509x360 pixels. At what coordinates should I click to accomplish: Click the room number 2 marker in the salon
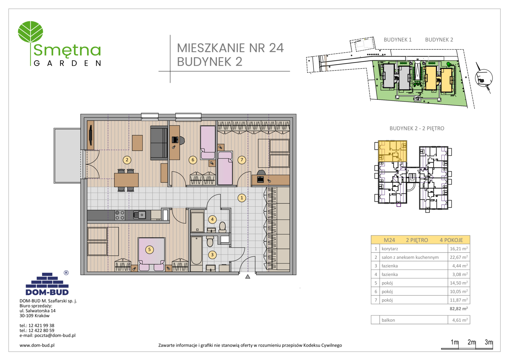(127, 160)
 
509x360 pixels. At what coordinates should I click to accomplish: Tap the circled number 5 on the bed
(149, 249)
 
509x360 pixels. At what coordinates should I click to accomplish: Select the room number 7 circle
(242, 160)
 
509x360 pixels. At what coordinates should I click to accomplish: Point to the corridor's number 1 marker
(242, 198)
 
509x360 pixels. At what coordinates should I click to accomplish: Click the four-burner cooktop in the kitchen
(120, 215)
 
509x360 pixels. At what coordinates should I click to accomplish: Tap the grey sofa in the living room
(159, 143)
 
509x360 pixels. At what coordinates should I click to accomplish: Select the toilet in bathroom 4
(223, 227)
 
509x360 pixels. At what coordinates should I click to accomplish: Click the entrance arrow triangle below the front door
(248, 277)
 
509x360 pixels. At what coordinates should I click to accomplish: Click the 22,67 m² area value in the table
(459, 257)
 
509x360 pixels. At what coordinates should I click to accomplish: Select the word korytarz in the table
(390, 249)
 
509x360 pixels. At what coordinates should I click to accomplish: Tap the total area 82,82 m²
(459, 309)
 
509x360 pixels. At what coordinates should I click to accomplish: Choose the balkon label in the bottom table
(388, 320)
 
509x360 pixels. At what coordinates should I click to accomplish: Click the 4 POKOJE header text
(451, 240)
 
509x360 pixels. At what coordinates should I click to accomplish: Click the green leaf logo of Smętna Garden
(30, 32)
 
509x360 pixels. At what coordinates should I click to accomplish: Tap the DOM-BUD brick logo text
(47, 292)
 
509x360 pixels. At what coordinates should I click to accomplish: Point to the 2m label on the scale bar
(471, 342)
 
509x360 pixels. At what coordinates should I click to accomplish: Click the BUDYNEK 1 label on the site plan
(398, 40)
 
